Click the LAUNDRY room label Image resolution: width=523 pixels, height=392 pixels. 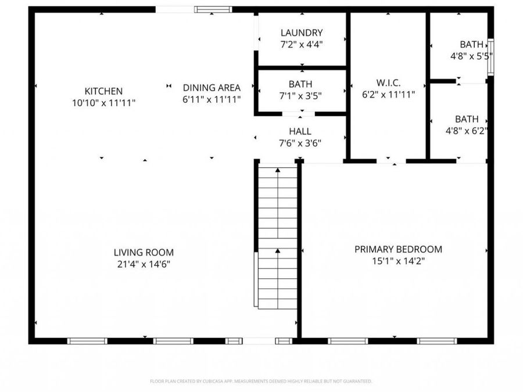tap(302, 33)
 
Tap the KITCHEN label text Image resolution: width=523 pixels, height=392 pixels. tap(103, 91)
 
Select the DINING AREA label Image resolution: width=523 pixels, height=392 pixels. tap(212, 88)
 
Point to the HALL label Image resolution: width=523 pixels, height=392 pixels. tap(300, 131)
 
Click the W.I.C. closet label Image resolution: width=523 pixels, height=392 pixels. tap(388, 82)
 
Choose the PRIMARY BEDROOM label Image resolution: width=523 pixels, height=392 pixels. tap(398, 249)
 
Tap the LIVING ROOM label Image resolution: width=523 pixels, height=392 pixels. tap(144, 253)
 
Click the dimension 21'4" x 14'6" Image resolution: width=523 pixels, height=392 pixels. tap(144, 264)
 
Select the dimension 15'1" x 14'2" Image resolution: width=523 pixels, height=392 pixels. tap(398, 261)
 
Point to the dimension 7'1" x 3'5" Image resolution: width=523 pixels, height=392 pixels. tap(300, 96)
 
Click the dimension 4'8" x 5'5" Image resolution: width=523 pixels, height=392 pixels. tap(471, 56)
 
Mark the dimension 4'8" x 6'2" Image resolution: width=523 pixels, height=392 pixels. tap(467, 131)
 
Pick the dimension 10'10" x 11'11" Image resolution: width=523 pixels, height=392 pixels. tap(103, 103)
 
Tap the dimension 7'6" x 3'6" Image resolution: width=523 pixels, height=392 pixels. tap(300, 143)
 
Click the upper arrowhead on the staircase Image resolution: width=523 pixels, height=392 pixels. tap(278, 170)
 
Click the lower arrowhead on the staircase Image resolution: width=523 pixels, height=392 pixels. tap(278, 251)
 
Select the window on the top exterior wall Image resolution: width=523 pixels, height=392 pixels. tap(213, 9)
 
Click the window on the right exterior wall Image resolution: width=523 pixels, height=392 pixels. tap(490, 57)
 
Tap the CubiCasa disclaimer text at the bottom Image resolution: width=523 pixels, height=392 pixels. tap(261, 381)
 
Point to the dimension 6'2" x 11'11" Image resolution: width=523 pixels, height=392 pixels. tap(388, 95)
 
